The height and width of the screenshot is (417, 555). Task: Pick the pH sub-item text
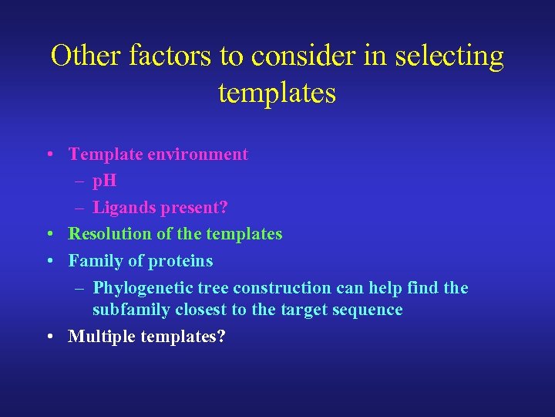(105, 182)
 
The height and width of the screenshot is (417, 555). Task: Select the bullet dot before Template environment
(49, 154)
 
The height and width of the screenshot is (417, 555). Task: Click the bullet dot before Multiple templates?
(49, 337)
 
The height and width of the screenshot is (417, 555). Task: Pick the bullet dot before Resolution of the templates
(49, 234)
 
